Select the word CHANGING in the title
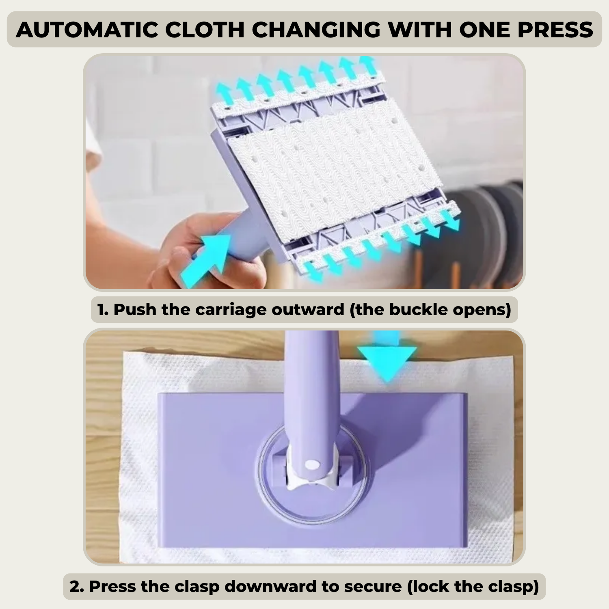click(316, 30)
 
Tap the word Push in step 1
click(135, 309)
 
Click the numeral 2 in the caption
click(76, 587)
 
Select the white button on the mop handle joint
click(312, 464)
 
